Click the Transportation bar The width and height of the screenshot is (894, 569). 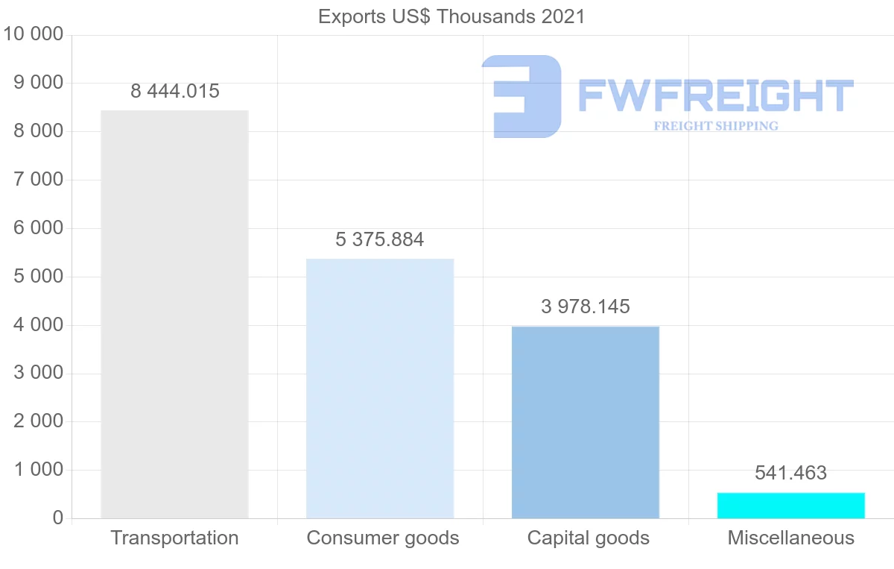click(174, 314)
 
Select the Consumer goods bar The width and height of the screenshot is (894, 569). click(380, 388)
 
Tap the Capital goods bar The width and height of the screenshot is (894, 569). click(586, 422)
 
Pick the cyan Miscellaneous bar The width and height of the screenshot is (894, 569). click(790, 506)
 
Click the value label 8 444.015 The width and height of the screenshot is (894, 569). click(175, 92)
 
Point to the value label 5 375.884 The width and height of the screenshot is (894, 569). click(380, 240)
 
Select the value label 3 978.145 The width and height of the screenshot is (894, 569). click(586, 306)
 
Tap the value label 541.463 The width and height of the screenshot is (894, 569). click(790, 473)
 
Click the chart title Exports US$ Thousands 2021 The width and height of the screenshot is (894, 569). click(451, 16)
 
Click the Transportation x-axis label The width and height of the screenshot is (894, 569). click(174, 538)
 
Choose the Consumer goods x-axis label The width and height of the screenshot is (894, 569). click(383, 538)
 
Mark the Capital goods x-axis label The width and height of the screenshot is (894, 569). click(589, 538)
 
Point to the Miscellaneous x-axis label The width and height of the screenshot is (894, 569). click(791, 538)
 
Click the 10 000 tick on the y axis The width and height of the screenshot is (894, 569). click(34, 34)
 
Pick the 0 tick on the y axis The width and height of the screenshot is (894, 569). click(58, 518)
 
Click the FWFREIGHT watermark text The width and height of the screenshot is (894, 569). click(715, 96)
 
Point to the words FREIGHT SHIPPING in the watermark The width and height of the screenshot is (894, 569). click(716, 126)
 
